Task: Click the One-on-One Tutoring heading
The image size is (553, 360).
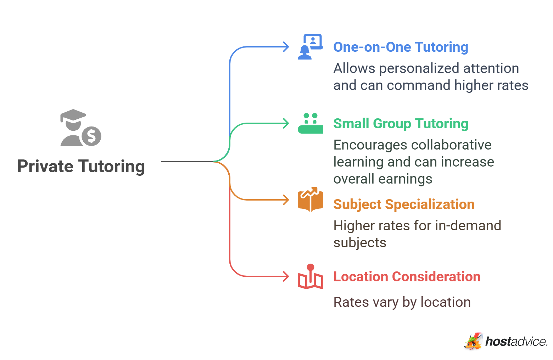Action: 401,47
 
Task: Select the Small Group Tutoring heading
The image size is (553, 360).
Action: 401,124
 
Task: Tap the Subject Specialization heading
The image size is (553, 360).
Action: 404,204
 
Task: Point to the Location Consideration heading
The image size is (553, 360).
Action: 407,276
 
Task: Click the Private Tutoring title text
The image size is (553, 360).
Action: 81,166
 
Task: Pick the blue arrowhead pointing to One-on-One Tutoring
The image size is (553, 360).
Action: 286,47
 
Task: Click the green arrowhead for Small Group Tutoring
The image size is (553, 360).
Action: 286,123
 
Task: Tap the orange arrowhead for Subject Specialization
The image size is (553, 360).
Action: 286,200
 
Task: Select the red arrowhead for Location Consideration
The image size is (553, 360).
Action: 286,276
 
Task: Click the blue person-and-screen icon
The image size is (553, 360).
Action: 310,47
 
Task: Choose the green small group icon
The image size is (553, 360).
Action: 310,123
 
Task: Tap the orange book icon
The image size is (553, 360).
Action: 310,199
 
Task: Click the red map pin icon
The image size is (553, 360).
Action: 310,276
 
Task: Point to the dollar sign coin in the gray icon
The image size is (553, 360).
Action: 91,136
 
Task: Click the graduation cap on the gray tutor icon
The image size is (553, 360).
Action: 73,116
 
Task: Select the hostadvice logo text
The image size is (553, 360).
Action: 516,342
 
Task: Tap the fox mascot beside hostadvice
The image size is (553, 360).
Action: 473,341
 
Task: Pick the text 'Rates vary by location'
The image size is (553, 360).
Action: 402,302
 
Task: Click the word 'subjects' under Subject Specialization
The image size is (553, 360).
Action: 360,243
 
